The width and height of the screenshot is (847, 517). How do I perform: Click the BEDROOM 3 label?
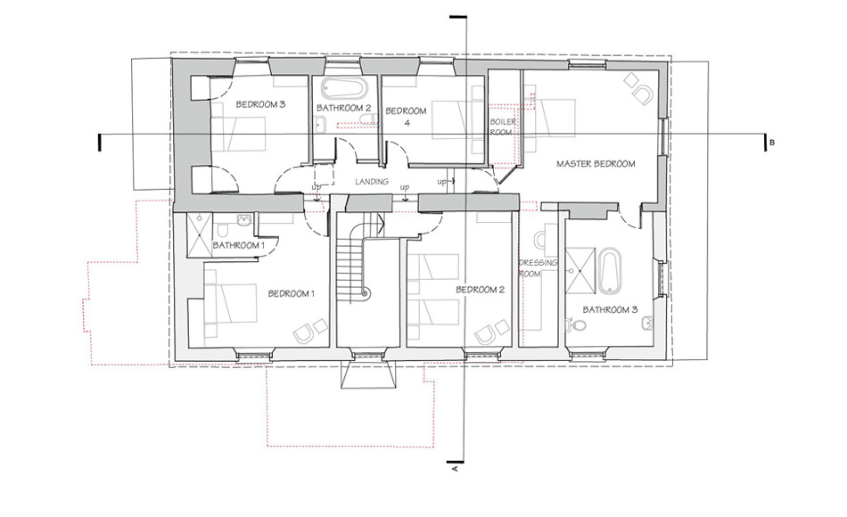(260, 104)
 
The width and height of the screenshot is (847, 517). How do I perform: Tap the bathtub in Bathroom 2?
(342, 90)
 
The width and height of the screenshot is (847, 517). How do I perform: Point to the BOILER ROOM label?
(501, 127)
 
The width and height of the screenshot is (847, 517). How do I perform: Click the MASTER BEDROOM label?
(595, 164)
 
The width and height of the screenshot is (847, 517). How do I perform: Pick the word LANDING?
(370, 181)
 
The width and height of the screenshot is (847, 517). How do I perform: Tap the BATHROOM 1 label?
(238, 245)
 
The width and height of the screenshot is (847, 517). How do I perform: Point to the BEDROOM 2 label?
(480, 290)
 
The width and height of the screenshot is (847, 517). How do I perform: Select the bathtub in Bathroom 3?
(610, 270)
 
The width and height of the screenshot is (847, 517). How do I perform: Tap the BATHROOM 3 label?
(611, 310)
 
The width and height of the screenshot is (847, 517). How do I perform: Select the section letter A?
(456, 466)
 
